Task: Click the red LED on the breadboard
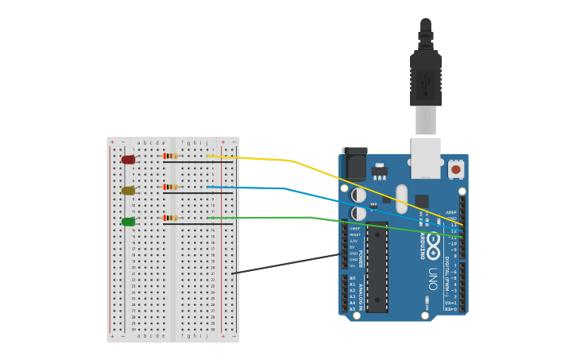click(x=128, y=160)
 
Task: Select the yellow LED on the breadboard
click(x=128, y=191)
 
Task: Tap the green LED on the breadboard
click(x=128, y=222)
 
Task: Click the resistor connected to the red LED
click(x=170, y=156)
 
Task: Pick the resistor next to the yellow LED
click(x=170, y=187)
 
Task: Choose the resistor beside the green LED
click(x=170, y=218)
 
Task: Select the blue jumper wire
click(x=286, y=189)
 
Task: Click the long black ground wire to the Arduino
click(x=286, y=264)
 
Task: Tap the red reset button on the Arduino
click(x=456, y=169)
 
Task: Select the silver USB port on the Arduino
click(x=425, y=157)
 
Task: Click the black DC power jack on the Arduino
click(x=355, y=165)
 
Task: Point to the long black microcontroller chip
click(x=377, y=267)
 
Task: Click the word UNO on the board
click(x=433, y=277)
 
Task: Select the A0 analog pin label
click(x=352, y=278)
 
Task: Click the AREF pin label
click(x=451, y=212)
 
